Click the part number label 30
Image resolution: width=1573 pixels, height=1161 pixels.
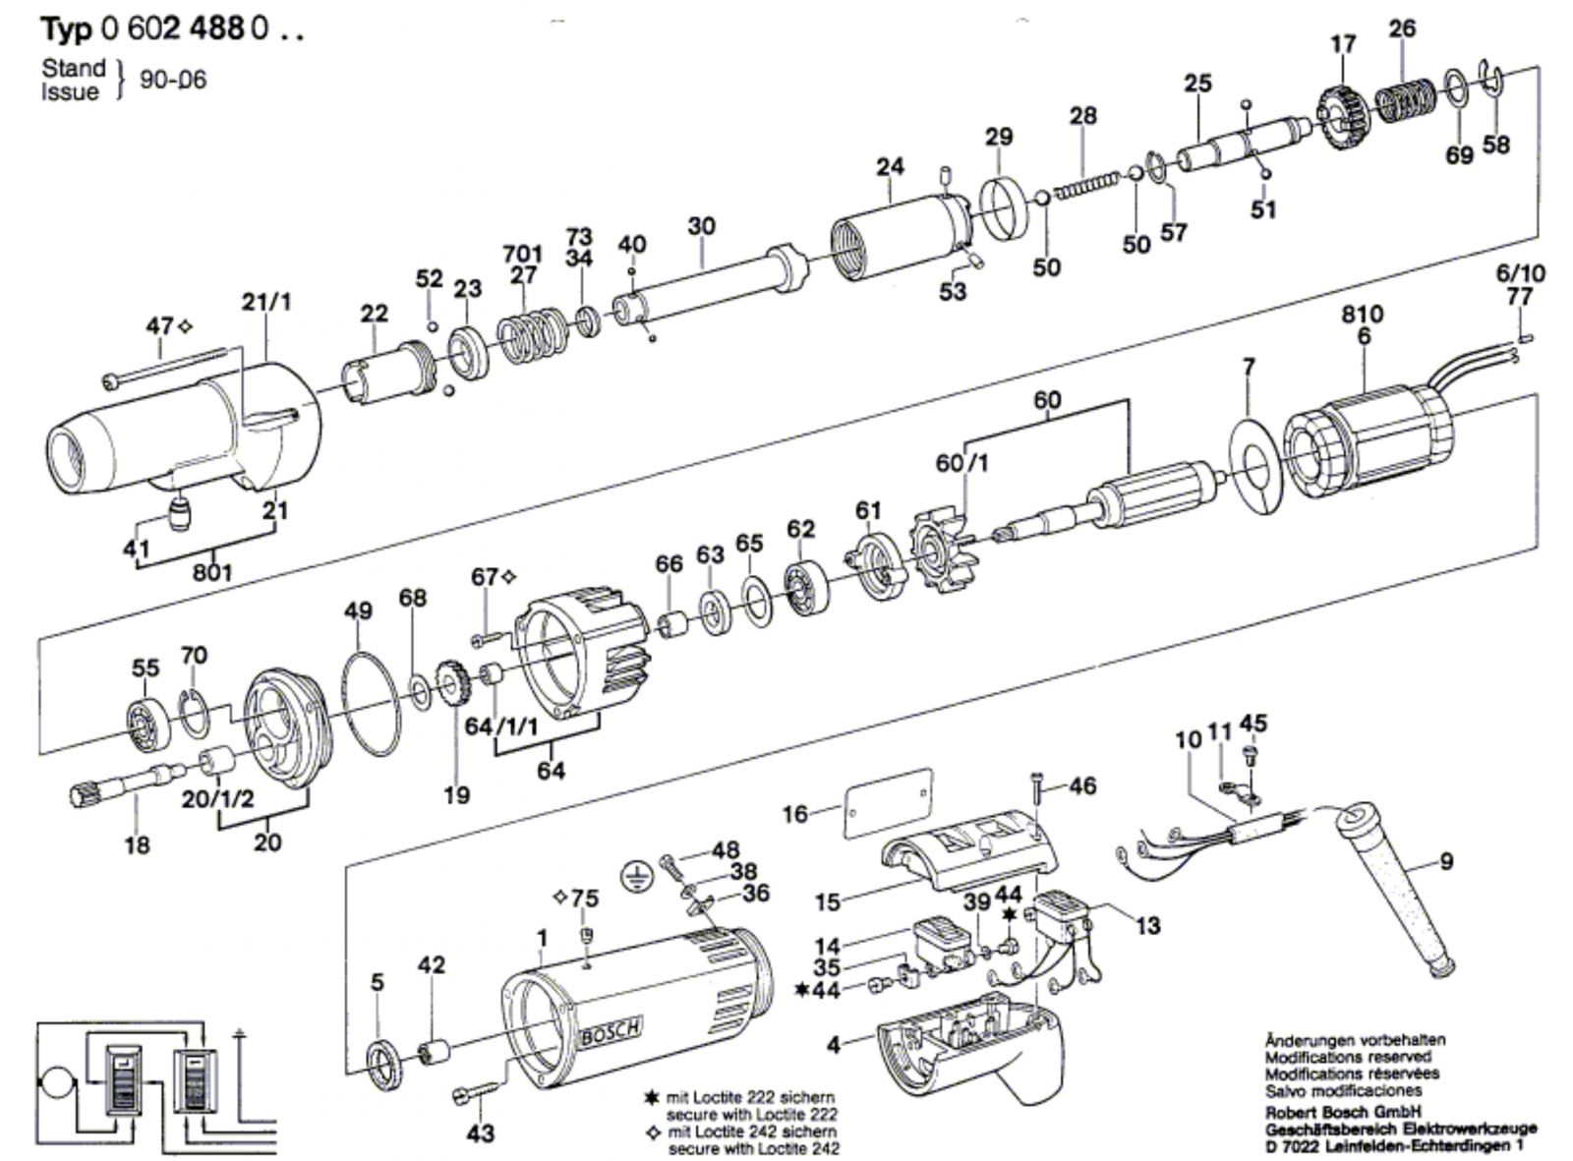(701, 226)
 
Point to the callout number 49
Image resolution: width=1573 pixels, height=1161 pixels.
(358, 611)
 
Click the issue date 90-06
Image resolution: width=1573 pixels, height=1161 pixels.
(174, 80)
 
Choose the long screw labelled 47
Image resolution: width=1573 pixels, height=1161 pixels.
(167, 365)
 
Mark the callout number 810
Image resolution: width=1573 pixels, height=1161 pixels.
(1362, 315)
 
